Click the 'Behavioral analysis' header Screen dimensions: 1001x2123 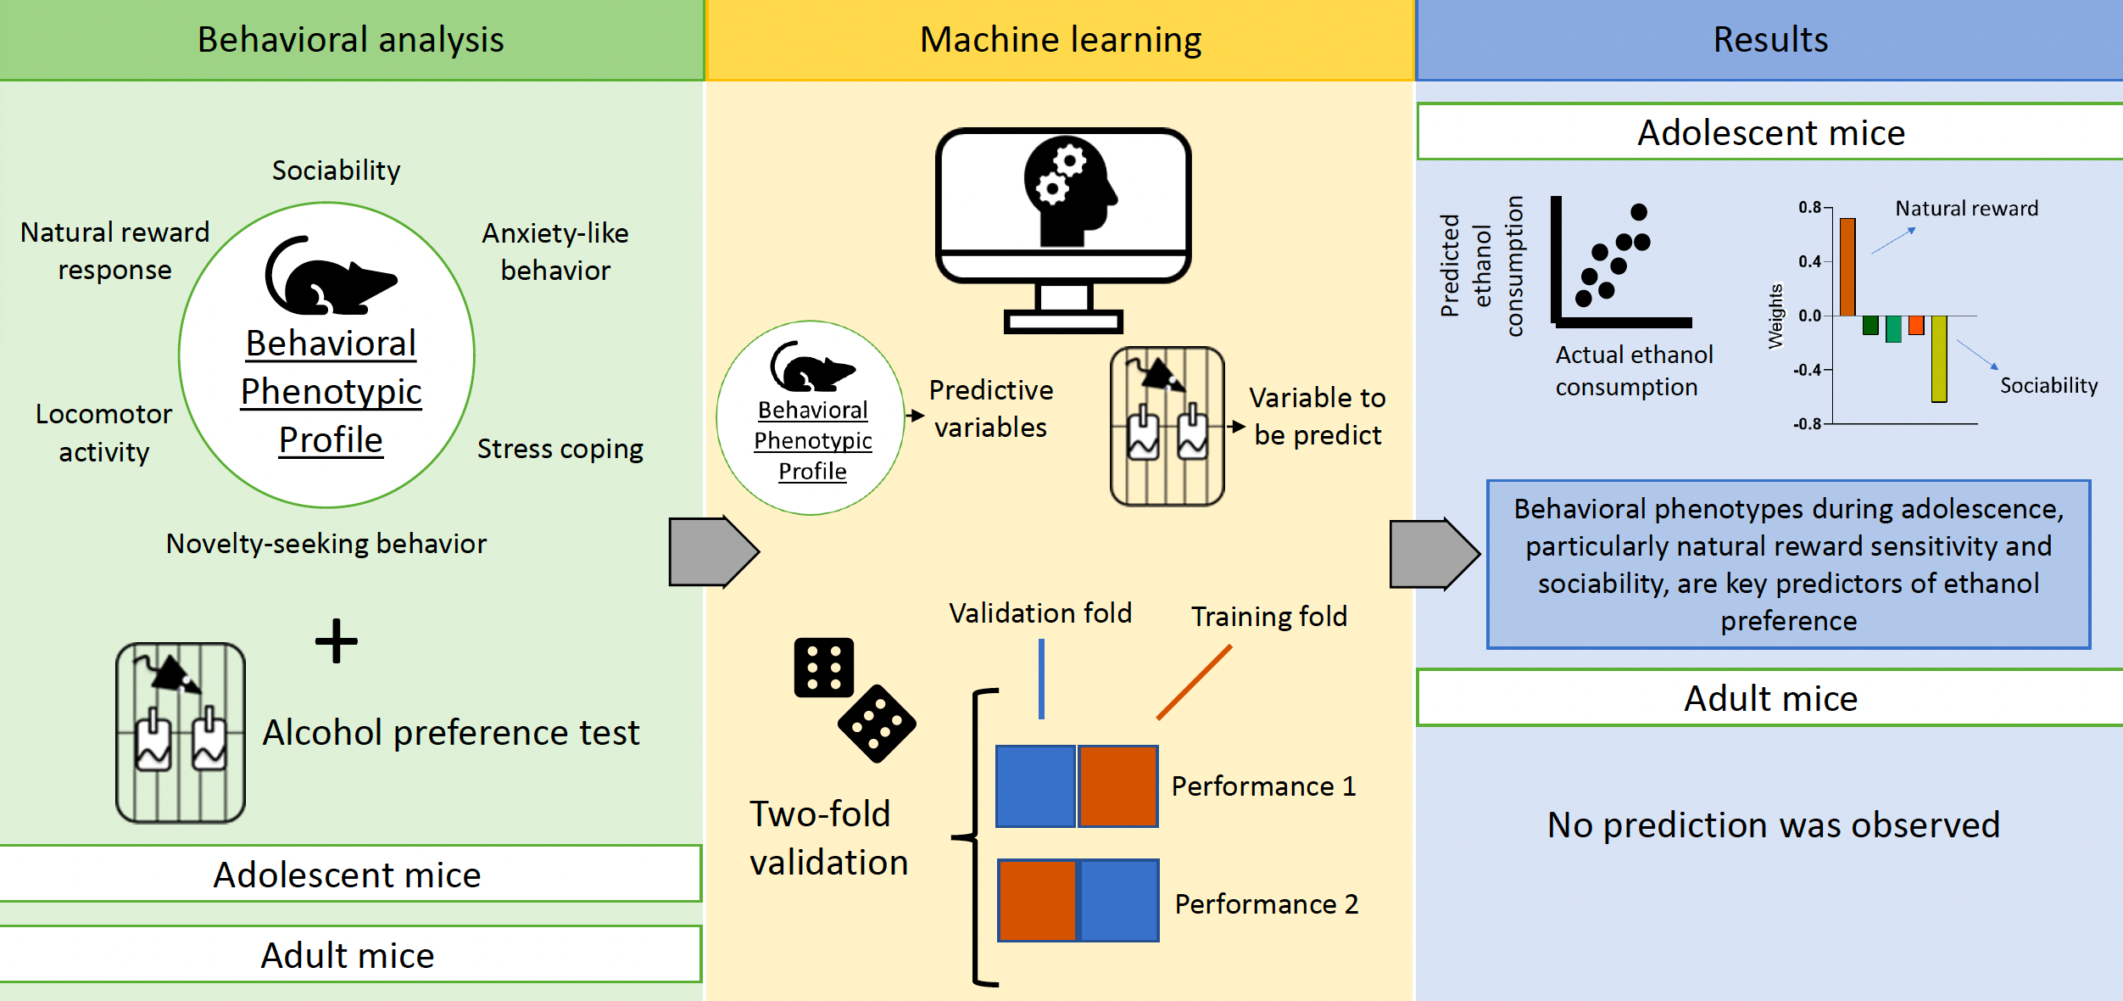350,40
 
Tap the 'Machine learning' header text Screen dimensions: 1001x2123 1061,40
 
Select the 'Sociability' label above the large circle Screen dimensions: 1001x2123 336,171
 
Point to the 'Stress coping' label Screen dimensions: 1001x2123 560,449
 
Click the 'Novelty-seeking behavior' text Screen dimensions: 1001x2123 326,544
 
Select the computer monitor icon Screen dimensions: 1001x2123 1063,229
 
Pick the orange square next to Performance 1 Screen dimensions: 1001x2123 1117,786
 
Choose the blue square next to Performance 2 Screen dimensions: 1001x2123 1119,901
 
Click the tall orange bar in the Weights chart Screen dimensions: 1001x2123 1847,266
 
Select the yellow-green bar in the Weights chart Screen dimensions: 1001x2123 1939,358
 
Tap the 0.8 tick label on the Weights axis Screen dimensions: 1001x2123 1809,208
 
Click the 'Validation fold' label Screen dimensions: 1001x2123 1040,613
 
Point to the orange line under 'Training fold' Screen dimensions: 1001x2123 1194,682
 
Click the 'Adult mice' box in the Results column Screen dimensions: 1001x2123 1770,698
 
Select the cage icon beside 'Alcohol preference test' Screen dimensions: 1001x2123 181,733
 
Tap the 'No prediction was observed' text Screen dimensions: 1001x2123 1774,825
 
